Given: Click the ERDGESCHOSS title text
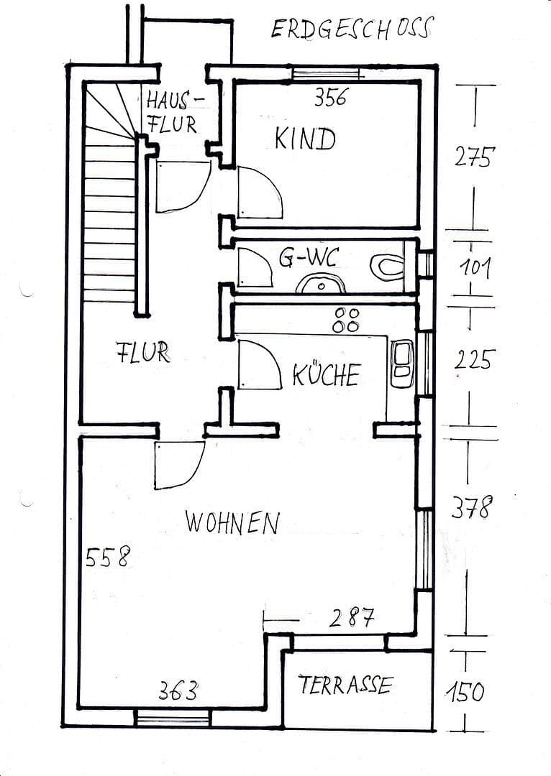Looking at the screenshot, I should (352, 28).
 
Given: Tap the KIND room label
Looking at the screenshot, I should (305, 139).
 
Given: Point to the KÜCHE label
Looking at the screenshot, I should (326, 375).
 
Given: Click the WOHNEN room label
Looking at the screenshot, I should (232, 522).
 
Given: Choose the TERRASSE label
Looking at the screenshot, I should (345, 685).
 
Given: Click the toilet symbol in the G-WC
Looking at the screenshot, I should (387, 265).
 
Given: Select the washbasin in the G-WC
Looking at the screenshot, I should (320, 284).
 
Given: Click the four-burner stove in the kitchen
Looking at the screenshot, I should (346, 320).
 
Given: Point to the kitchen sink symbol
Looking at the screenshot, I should (402, 363).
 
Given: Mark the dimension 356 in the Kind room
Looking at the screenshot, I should (330, 98).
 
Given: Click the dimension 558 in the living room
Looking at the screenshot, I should (108, 557).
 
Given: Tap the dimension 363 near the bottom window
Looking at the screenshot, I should (178, 692).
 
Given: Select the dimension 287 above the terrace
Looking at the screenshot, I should (352, 617).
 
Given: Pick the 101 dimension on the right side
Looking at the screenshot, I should (475, 269).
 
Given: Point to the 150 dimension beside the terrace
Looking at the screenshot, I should (465, 693).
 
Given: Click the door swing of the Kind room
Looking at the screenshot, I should (260, 193).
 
